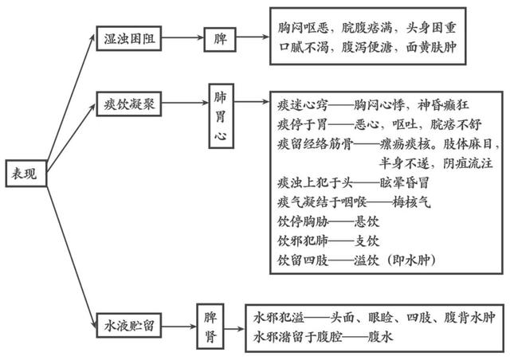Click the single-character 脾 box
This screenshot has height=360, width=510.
coord(219,37)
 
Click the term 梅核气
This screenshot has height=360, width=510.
coord(413,202)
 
